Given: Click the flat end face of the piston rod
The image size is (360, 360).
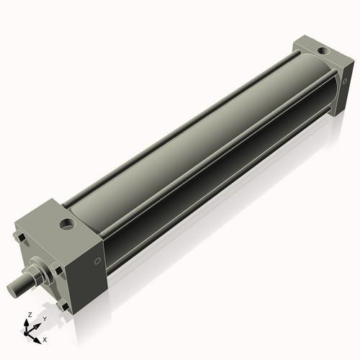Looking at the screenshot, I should pos(13,290).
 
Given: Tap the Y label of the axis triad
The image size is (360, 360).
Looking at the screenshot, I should pos(45,318).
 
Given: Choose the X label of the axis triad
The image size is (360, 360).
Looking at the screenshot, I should pos(45,338).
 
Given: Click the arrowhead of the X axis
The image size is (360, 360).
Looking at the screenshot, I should pos(38,336).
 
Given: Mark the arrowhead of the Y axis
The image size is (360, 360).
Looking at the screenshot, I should pos(37,324).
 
